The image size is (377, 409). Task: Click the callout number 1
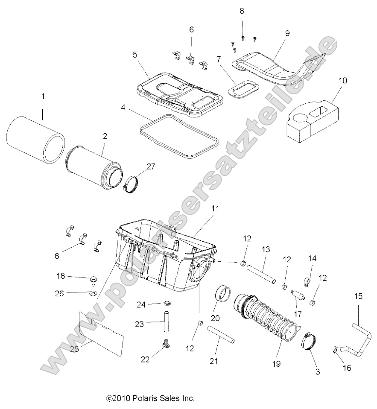coord(43,97)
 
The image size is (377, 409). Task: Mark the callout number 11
coord(215,209)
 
